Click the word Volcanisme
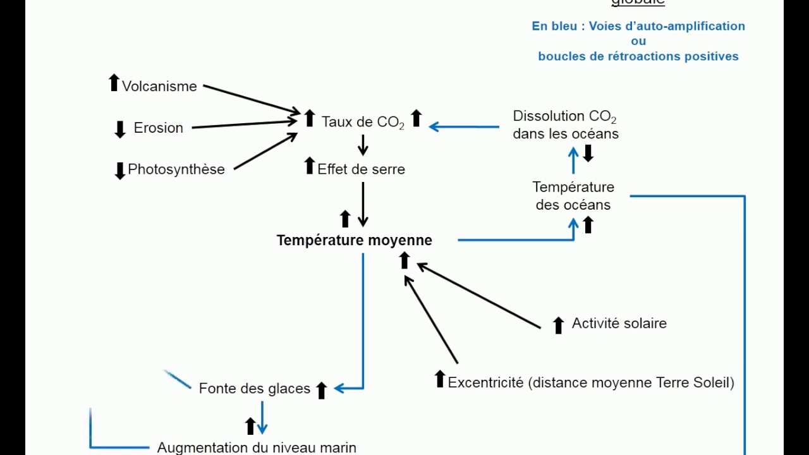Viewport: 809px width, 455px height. point(159,87)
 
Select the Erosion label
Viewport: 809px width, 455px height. point(158,128)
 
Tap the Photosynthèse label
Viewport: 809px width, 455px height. point(176,169)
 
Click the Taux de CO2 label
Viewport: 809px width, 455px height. point(363,121)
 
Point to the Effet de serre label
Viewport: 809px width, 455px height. point(361,169)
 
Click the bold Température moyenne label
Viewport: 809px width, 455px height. point(354,241)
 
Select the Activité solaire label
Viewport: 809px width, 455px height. point(619,324)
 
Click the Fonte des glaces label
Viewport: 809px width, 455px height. point(254,389)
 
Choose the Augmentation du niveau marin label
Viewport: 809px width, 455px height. point(257,447)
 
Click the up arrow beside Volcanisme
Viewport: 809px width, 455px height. point(114,83)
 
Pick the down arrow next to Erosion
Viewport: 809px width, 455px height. point(120,130)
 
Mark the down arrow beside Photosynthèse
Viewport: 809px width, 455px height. point(120,171)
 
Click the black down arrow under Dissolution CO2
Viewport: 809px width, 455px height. point(588,154)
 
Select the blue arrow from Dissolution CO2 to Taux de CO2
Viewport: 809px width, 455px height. point(464,127)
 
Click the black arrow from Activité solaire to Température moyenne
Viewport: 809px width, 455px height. point(478,296)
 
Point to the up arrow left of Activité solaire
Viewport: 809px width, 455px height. point(558,325)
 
